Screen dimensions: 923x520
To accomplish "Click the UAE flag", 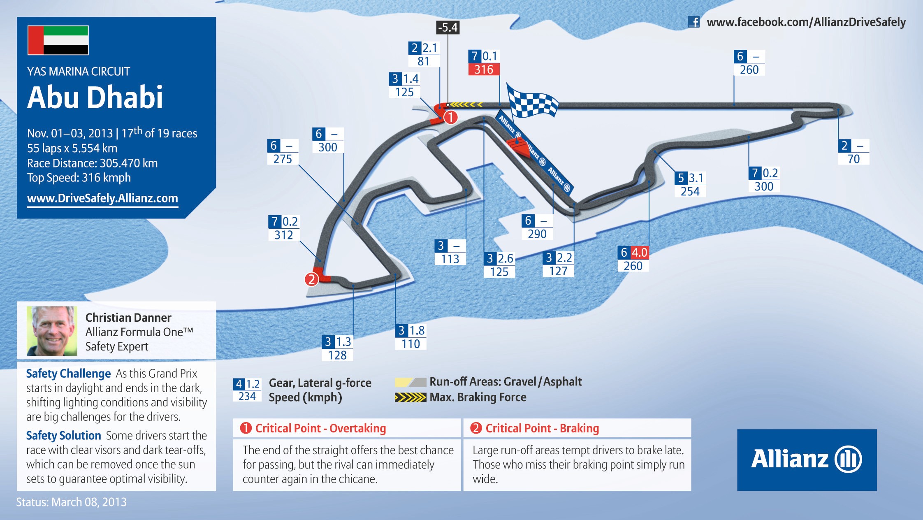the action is (x=58, y=40).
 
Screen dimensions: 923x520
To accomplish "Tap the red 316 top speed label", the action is (x=484, y=69).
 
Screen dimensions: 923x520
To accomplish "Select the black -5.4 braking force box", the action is (x=448, y=28).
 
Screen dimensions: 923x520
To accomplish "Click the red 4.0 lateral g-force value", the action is (x=639, y=253).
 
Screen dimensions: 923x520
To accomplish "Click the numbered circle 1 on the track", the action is (x=451, y=117).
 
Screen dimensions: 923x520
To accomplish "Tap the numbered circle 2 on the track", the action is (x=311, y=279).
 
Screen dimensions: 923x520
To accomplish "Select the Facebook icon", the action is (x=693, y=22).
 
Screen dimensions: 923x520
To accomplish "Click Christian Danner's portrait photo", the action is (x=52, y=331).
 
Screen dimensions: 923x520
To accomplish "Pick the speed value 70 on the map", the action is (x=853, y=159).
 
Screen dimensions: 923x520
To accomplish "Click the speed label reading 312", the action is (x=284, y=235).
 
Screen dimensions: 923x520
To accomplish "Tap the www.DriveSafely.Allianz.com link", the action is (x=102, y=198).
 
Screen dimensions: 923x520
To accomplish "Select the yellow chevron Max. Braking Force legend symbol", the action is (x=410, y=397).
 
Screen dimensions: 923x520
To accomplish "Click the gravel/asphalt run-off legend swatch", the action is (x=410, y=382).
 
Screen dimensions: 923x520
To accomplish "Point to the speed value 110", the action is (x=410, y=344).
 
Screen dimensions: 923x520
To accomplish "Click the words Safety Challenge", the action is (x=68, y=374).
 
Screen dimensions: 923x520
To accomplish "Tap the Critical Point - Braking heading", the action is (x=542, y=428).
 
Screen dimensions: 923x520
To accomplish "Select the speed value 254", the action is (x=690, y=191).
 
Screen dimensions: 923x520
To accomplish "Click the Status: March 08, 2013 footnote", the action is (x=72, y=502).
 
